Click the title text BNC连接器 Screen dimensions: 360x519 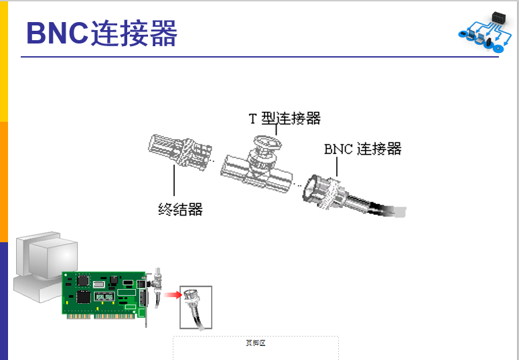click(101, 33)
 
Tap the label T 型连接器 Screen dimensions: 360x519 click(285, 118)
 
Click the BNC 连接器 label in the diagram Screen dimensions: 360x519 click(362, 149)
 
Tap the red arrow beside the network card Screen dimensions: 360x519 click(172, 294)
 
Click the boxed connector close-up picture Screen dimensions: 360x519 click(196, 307)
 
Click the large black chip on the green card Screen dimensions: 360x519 click(84, 296)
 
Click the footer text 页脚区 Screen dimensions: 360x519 click(256, 343)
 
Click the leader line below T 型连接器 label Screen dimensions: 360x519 click(276, 130)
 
